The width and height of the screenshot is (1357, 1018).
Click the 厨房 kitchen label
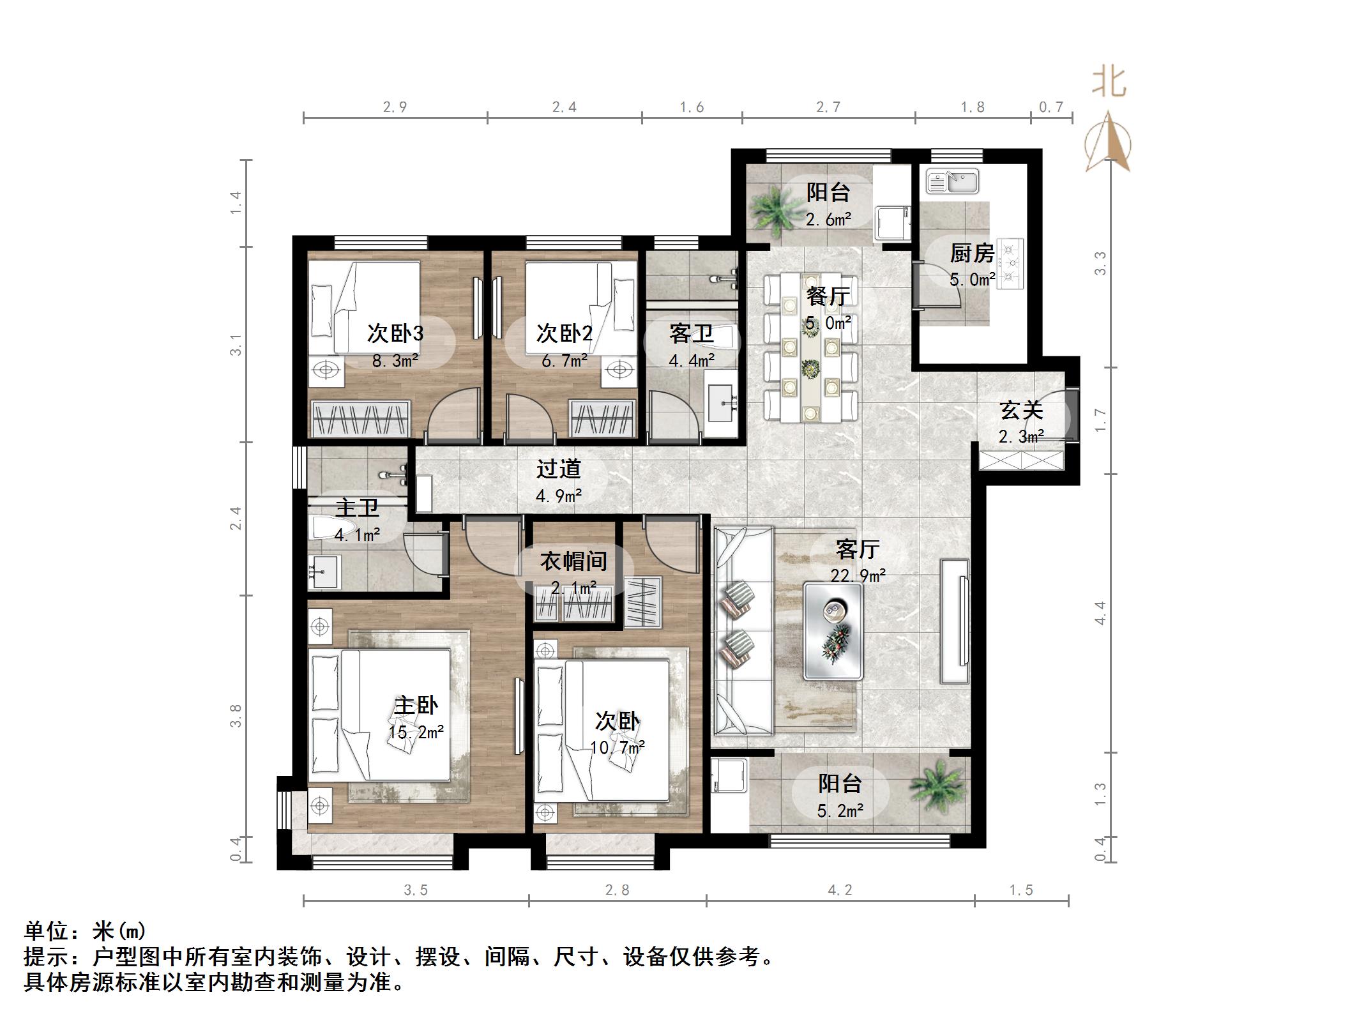tap(971, 254)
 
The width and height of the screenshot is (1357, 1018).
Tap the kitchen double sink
tap(952, 181)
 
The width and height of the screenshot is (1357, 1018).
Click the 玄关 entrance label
tap(1021, 411)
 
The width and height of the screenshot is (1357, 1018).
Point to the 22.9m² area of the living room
tap(858, 575)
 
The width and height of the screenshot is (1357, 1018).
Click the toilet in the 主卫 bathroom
tap(326, 528)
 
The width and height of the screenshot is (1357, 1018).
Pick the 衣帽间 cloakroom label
tap(573, 561)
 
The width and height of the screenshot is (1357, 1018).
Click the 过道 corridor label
tap(558, 469)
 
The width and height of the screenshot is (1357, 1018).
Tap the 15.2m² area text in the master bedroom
tap(416, 732)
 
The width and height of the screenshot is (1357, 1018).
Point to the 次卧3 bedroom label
tap(395, 333)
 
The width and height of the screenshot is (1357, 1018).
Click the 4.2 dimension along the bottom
tap(840, 890)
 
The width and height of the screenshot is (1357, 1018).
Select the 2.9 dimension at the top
tap(395, 107)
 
